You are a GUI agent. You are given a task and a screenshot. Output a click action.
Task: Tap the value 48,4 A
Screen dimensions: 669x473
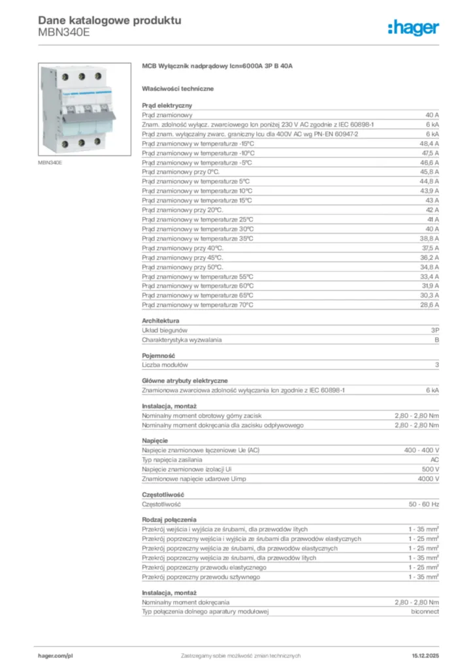(x=429, y=142)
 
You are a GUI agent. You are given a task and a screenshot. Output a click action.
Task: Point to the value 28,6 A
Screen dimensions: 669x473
(x=429, y=304)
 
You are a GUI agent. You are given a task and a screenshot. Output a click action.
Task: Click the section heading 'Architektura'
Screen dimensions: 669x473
(x=161, y=321)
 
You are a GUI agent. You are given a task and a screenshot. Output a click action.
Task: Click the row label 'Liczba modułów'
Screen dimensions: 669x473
(x=165, y=365)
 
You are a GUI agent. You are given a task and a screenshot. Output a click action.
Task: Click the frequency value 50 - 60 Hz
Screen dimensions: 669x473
(x=424, y=504)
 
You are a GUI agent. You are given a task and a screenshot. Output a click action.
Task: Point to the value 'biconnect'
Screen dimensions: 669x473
(x=425, y=612)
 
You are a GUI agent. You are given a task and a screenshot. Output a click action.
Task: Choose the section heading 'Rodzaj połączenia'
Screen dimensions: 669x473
(x=169, y=519)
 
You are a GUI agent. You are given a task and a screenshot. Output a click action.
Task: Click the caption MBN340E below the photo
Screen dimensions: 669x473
(x=50, y=162)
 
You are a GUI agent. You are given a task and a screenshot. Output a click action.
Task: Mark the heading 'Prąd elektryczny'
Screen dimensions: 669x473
(x=167, y=105)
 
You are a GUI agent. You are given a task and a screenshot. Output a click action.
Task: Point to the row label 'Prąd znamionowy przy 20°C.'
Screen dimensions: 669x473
(x=183, y=210)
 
